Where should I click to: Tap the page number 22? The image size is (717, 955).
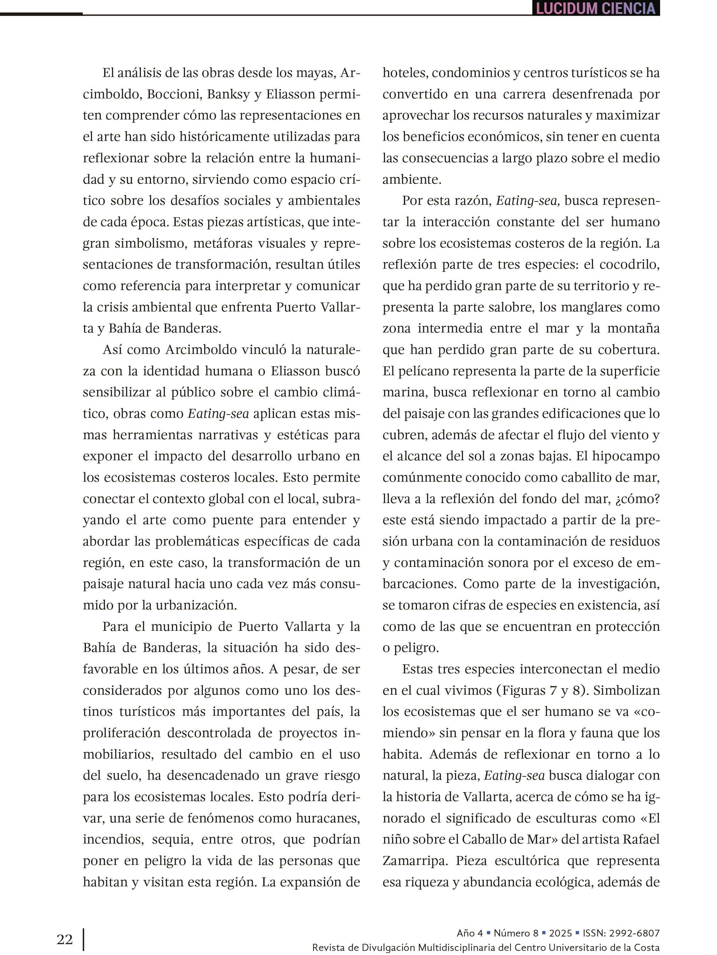pyautogui.click(x=65, y=939)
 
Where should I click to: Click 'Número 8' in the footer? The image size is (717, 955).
pyautogui.click(x=516, y=933)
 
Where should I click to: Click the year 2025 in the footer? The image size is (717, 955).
pyautogui.click(x=560, y=933)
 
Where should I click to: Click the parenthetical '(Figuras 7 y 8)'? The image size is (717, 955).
pyautogui.click(x=543, y=690)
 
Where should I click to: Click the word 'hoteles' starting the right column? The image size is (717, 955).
pyautogui.click(x=405, y=73)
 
